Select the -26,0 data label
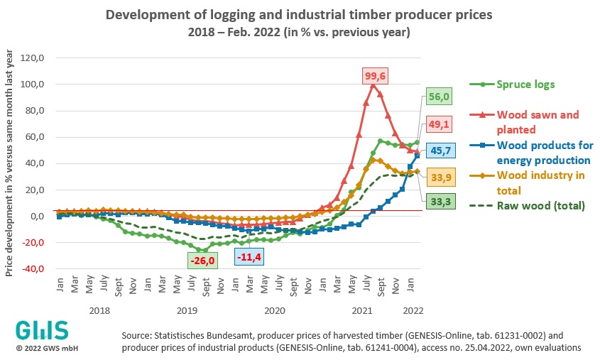[202, 261]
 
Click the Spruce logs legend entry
[505, 84]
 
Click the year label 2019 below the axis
[187, 310]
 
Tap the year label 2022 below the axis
[413, 310]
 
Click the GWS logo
[42, 331]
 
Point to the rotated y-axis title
[10, 163]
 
